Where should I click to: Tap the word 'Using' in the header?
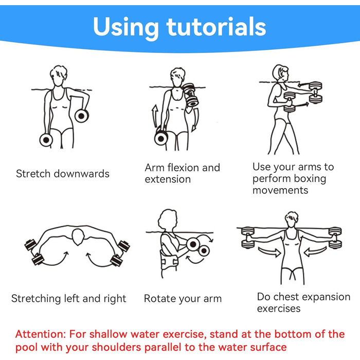pos(126,28)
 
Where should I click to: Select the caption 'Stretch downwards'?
pos(63,174)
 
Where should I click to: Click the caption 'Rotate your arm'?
pos(183,299)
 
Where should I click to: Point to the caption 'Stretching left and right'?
pos(68,299)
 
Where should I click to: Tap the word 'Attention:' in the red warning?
pos(41,334)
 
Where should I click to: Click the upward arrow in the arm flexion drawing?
pos(155,116)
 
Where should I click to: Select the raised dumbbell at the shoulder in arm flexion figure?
pos(191,95)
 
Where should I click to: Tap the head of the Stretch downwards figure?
pos(59,76)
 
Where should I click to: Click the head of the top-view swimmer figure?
pos(78,237)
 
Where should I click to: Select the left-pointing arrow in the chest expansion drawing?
pos(315,251)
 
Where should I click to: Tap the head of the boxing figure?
pos(281,73)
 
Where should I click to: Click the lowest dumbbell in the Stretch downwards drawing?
pos(46,140)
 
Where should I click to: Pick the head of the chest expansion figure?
pos(292,220)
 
